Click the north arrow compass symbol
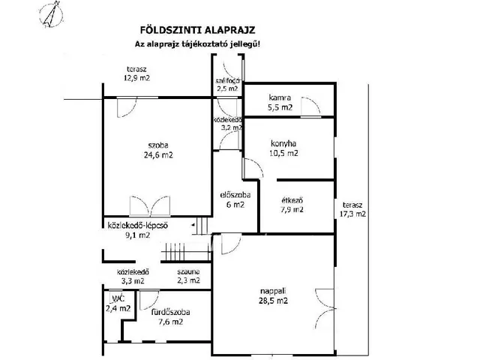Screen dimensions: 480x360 [52, 15]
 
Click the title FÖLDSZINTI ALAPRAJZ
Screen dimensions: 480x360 [198, 30]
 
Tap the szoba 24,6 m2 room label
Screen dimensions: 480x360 [158, 150]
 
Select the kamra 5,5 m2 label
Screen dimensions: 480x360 [280, 103]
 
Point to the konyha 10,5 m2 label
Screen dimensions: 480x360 [283, 148]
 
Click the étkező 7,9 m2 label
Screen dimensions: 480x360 [292, 205]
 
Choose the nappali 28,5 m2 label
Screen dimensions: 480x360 [273, 295]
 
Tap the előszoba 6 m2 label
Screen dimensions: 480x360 [235, 199]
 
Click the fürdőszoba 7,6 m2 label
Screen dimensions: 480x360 [170, 316]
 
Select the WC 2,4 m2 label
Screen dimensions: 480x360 [118, 303]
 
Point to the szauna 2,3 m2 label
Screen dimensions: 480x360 [188, 276]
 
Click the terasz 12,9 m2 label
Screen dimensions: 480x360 [136, 73]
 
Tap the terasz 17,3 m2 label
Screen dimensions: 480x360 [352, 209]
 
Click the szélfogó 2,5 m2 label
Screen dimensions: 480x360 [228, 85]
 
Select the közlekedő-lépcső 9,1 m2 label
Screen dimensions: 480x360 [138, 230]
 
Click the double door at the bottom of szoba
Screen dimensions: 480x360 [150, 206]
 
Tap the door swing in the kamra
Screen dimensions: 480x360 [310, 106]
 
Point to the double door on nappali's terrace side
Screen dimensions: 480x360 [325, 308]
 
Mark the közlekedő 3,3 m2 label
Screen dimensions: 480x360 [133, 276]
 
